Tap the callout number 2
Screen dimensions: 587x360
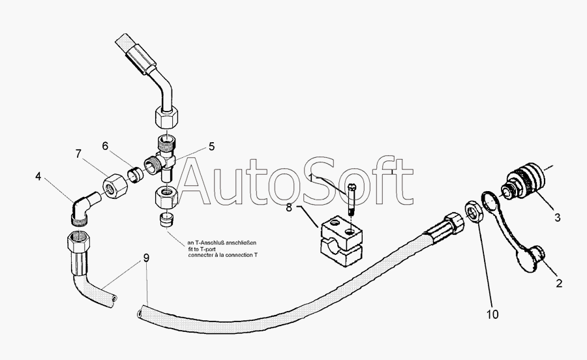pos(559,283)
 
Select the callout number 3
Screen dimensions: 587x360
pos(556,218)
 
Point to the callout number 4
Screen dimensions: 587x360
pos(39,175)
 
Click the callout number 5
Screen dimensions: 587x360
pos(211,147)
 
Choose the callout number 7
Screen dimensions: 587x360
pos(78,155)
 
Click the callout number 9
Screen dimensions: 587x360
pos(146,258)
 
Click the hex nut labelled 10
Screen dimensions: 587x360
pos(474,214)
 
